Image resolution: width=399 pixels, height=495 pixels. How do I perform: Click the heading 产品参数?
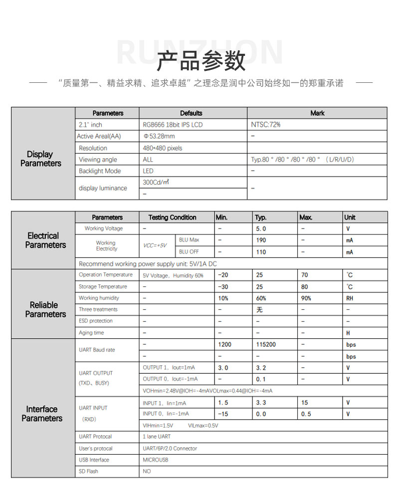coord(201,61)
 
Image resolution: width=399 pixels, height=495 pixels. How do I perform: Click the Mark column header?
coord(317,113)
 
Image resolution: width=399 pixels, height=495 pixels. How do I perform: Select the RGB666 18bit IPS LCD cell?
coord(173,125)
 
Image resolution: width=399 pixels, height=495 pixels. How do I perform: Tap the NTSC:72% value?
coord(266,125)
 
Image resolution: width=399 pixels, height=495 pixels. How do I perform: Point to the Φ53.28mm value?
coord(159,136)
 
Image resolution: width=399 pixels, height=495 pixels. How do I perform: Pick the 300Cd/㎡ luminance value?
coord(156,183)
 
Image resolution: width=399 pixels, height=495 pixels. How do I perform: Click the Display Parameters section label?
coord(41,159)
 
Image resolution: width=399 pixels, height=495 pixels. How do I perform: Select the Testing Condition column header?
coord(172,218)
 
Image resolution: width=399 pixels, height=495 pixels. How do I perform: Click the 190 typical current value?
coord(261,240)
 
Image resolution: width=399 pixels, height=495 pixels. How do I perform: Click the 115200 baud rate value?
coord(266,345)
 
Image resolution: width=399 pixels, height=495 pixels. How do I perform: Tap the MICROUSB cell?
coord(155,460)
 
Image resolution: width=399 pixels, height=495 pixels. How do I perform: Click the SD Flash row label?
coord(88,472)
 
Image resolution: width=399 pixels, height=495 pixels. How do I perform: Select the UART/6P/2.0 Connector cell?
coord(170,449)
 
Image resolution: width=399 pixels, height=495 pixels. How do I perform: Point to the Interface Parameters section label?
coord(42,414)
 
